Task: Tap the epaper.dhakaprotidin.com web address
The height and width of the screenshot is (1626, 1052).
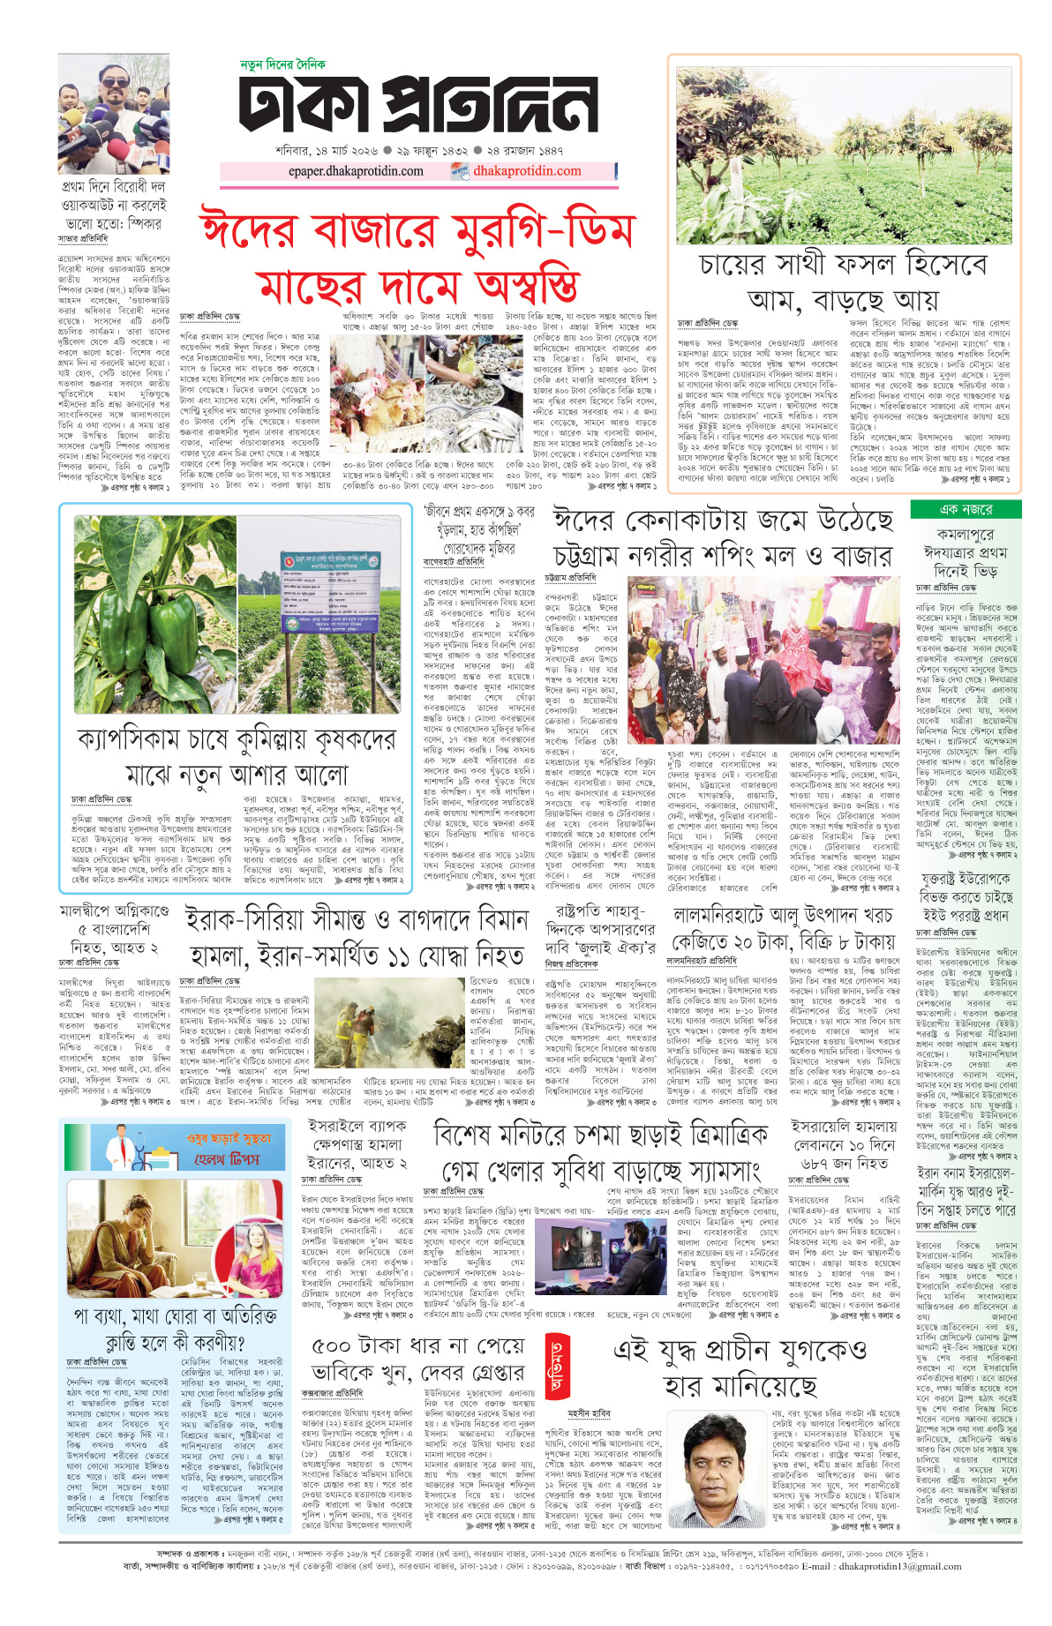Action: (x=356, y=171)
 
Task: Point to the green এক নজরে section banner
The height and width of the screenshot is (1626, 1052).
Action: (x=965, y=509)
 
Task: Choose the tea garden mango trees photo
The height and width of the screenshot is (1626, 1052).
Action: (x=846, y=150)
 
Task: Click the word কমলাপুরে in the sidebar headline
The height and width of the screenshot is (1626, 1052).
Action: (x=965, y=535)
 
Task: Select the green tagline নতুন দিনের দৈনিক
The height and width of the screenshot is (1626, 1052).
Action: (x=282, y=65)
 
